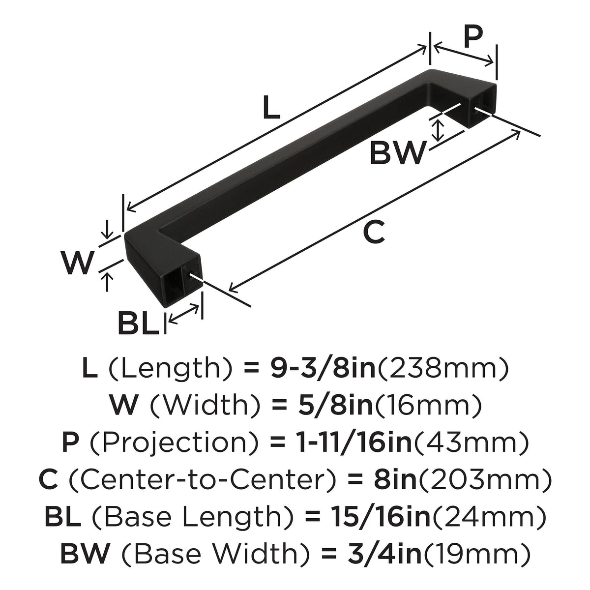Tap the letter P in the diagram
tap(472, 36)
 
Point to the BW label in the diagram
tap(398, 152)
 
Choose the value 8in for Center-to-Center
tap(396, 479)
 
